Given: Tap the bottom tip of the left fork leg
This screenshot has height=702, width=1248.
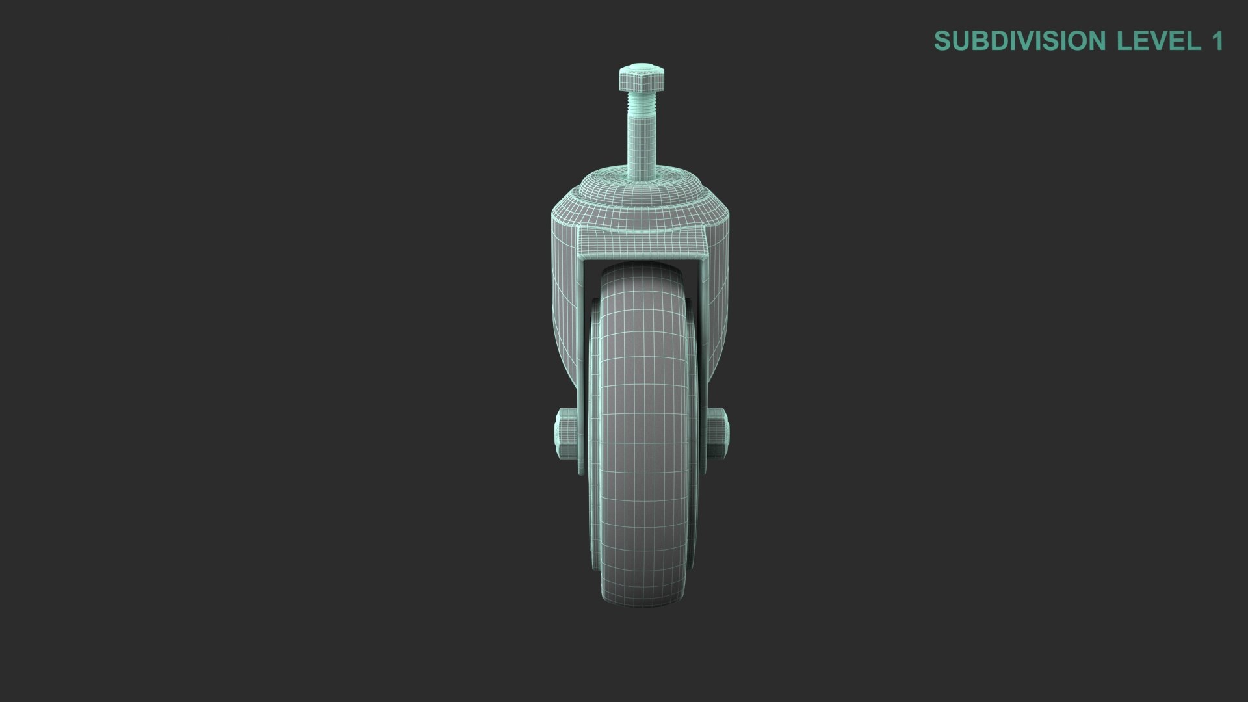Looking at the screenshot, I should [580, 471].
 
